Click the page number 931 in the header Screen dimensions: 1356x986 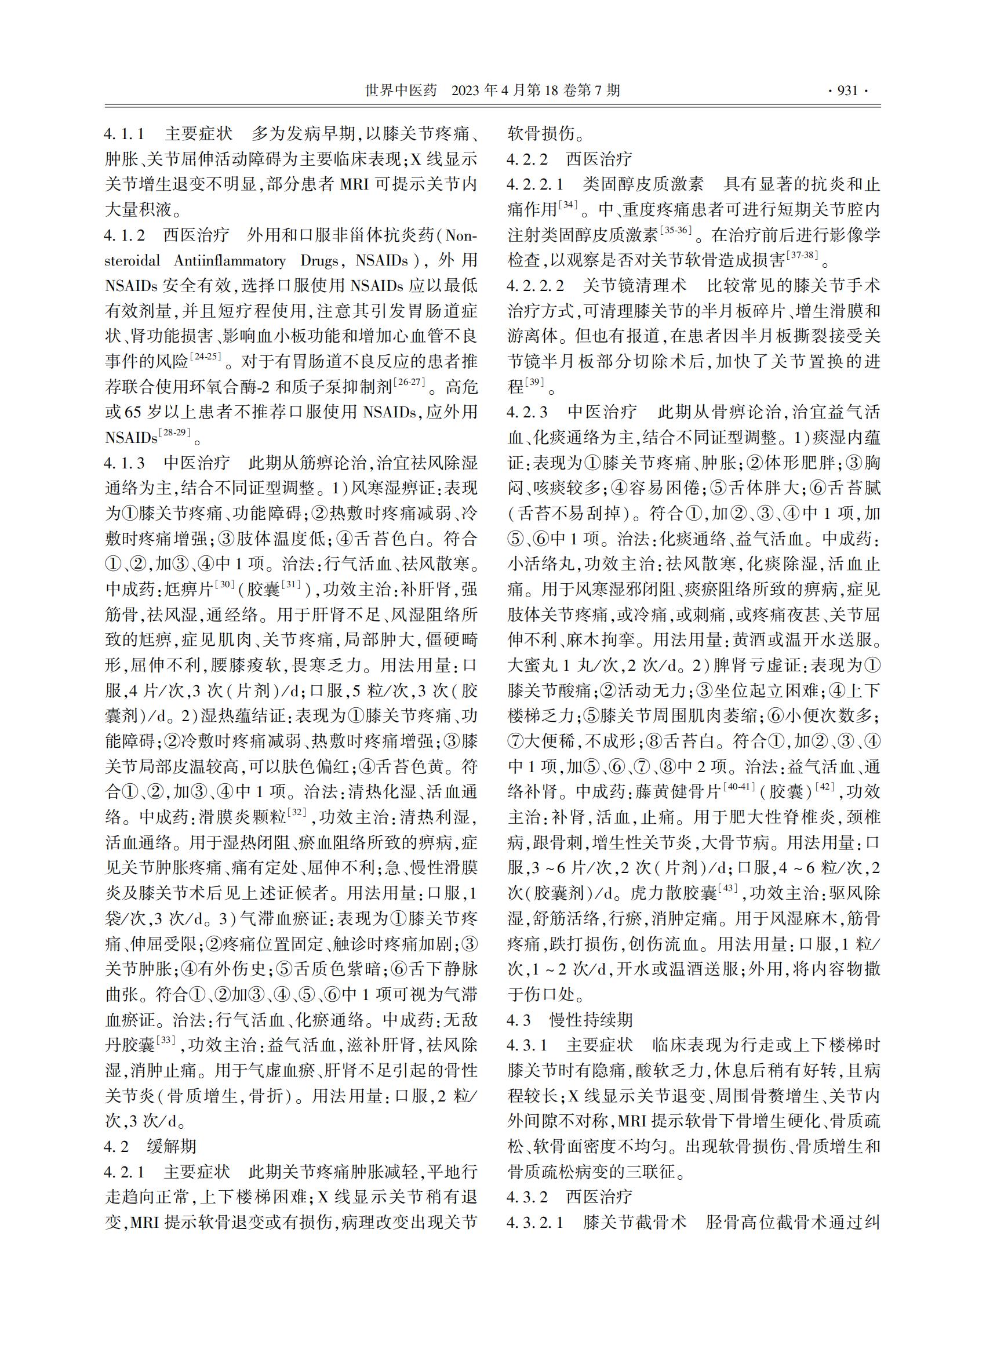click(847, 91)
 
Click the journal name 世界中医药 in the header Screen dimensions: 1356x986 click(401, 91)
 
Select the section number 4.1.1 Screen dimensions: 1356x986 click(125, 134)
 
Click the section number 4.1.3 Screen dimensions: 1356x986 click(125, 463)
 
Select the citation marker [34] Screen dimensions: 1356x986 click(567, 206)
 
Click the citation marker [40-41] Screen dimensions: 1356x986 click(739, 787)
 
